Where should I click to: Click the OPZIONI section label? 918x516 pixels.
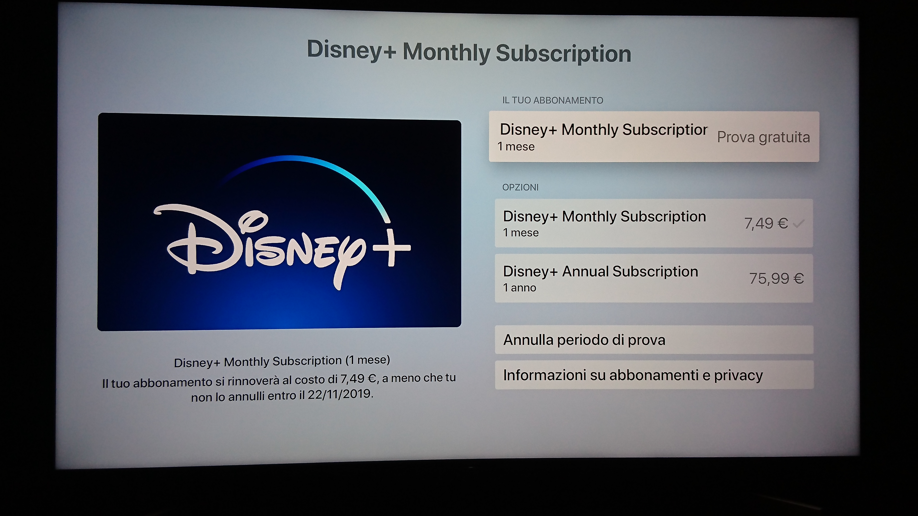click(x=520, y=187)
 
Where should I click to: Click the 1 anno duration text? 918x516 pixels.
click(x=520, y=288)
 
